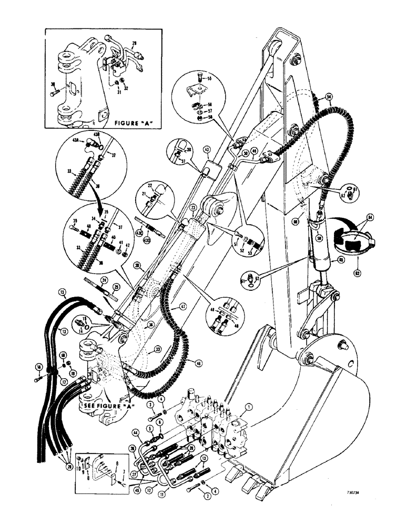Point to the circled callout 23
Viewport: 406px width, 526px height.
pyautogui.click(x=193, y=208)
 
